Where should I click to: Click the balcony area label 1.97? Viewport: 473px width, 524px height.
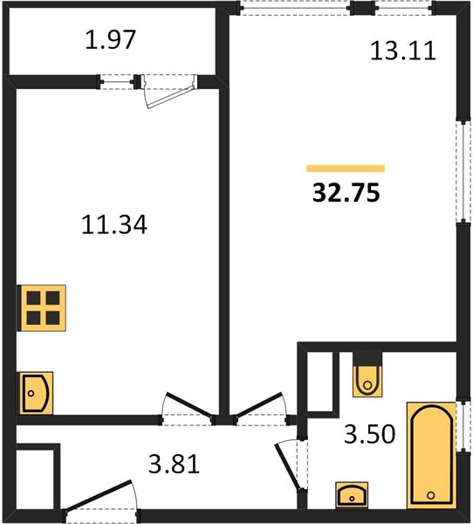(110, 40)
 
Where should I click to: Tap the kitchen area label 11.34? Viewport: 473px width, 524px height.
(114, 224)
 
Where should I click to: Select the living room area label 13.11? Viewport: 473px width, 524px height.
(403, 51)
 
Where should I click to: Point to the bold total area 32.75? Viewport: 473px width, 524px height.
(346, 193)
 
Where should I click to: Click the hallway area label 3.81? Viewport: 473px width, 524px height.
(174, 464)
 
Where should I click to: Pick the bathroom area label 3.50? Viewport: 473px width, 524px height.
(370, 434)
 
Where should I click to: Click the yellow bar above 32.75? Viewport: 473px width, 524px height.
(346, 169)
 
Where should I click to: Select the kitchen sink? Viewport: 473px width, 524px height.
(36, 393)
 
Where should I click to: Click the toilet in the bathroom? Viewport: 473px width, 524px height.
(367, 375)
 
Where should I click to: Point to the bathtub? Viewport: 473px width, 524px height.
(431, 455)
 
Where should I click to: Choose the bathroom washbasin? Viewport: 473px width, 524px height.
(352, 495)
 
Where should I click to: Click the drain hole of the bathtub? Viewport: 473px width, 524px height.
(431, 495)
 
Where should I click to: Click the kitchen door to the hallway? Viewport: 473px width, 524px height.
(189, 405)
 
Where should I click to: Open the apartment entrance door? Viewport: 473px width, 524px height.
(99, 495)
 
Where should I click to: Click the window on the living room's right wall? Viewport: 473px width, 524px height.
(463, 171)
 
